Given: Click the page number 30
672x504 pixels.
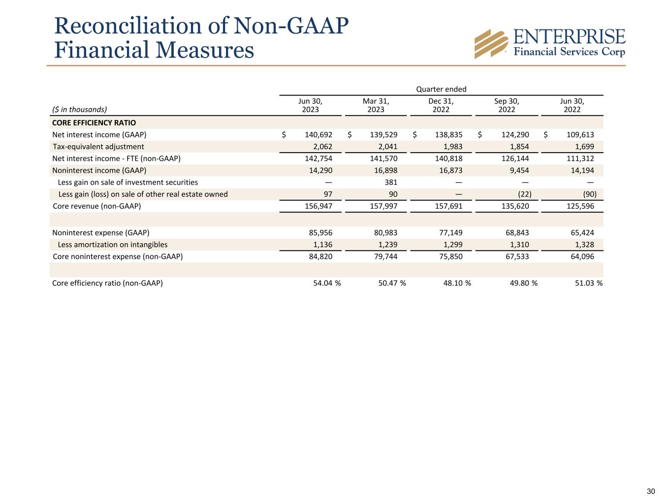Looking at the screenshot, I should [x=651, y=491].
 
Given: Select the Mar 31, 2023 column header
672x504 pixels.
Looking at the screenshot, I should [x=376, y=105].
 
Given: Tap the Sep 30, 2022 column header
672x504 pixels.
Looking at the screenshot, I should [x=507, y=105].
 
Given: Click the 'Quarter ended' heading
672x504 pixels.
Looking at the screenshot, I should [x=441, y=89].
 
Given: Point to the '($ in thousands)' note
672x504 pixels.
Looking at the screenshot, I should [x=79, y=109].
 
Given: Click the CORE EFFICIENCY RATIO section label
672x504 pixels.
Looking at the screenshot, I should [x=94, y=123].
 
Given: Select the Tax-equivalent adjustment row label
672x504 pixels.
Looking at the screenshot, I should [x=98, y=147].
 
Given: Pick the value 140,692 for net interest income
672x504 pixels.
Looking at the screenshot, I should [x=316, y=134].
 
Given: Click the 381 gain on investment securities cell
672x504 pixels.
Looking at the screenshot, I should [x=391, y=182].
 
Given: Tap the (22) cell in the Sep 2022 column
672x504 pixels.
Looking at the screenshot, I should [x=525, y=194].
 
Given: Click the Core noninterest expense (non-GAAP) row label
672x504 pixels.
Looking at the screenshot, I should [x=118, y=256].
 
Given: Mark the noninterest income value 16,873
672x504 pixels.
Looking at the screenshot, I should [x=449, y=170].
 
